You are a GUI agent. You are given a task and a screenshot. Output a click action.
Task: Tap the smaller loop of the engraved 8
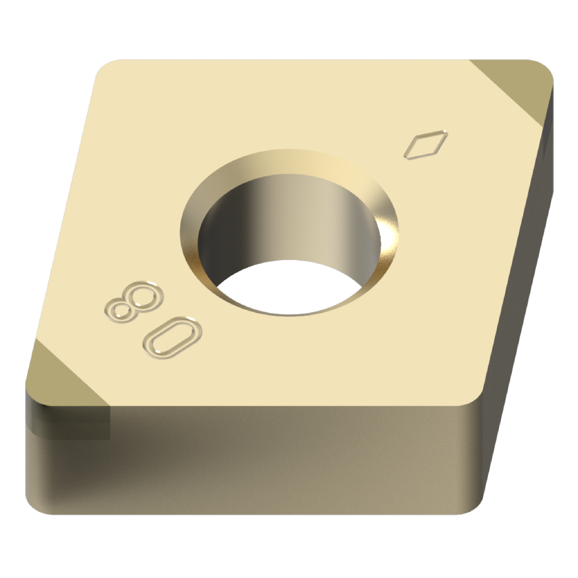coord(121,311)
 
